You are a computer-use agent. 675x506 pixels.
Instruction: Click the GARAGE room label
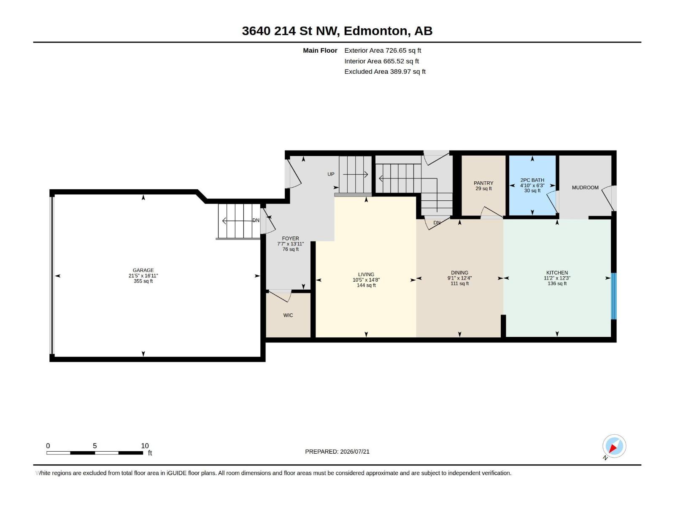point(143,270)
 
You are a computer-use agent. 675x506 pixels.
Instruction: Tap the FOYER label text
point(290,238)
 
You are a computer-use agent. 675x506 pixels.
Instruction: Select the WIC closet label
point(288,315)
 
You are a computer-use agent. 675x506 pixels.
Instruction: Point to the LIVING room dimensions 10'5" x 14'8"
point(366,280)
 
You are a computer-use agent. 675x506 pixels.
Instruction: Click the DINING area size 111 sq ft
point(459,283)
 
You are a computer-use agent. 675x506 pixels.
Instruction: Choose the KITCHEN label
point(557,272)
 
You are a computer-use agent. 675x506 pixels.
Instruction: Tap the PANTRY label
point(483,183)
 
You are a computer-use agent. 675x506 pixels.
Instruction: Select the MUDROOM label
point(585,187)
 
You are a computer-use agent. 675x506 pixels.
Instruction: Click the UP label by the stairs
point(331,174)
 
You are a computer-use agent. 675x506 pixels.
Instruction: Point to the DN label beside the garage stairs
point(256,220)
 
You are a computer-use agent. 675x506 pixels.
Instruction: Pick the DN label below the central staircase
point(437,223)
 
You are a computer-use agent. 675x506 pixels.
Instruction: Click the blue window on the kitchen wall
point(613,296)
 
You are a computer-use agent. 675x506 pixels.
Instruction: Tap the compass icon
point(614,446)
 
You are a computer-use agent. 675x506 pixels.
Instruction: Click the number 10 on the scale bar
point(145,446)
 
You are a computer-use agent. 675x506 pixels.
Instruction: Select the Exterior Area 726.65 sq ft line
point(383,50)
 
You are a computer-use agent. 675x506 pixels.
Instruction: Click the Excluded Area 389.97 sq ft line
point(385,72)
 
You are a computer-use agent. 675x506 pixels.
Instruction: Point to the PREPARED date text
point(337,452)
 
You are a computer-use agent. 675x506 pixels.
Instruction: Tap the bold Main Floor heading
point(320,50)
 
